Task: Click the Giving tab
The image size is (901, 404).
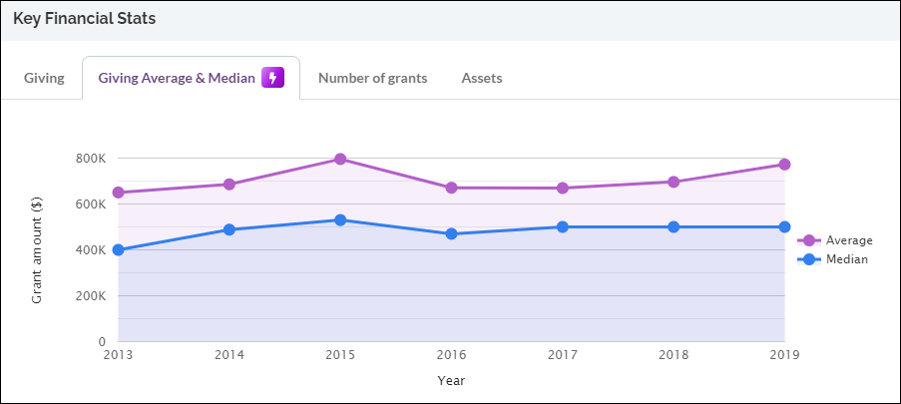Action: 44,79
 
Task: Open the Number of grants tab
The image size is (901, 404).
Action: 372,79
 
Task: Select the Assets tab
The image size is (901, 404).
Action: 481,79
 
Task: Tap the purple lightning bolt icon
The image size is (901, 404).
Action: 273,78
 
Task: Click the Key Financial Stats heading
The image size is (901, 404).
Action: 84,19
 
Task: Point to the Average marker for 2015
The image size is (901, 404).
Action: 340,159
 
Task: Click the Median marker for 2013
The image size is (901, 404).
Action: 118,249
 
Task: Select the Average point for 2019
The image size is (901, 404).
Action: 785,165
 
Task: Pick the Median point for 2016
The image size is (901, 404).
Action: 451,233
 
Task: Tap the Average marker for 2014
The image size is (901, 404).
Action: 229,185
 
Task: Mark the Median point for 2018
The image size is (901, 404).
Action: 674,226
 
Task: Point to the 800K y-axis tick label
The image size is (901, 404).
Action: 90,159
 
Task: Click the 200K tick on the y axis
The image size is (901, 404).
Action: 90,296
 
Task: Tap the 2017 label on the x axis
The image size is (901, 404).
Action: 563,354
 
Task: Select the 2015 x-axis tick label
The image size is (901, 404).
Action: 340,354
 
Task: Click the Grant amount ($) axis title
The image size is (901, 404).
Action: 36,250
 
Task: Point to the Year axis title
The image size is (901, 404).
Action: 451,380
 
